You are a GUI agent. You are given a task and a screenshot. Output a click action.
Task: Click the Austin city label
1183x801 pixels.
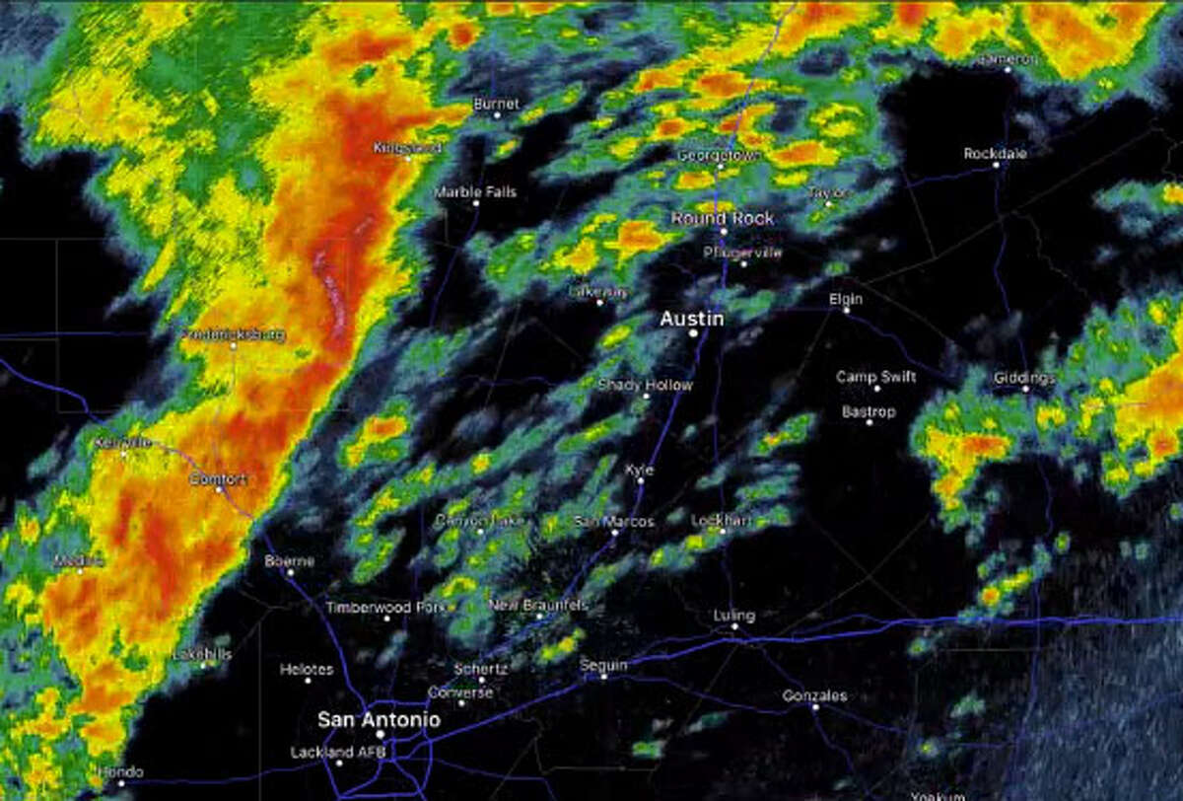pyautogui.click(x=691, y=319)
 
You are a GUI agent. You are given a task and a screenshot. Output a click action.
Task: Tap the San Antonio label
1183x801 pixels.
pyautogui.click(x=379, y=720)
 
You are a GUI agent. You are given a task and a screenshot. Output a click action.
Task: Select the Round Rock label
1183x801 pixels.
pyautogui.click(x=723, y=218)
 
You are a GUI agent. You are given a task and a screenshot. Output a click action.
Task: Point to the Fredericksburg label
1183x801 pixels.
pyautogui.click(x=234, y=334)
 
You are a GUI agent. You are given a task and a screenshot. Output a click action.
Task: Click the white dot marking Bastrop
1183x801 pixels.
pyautogui.click(x=869, y=422)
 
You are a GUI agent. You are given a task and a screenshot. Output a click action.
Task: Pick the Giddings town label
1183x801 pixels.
pyautogui.click(x=1024, y=377)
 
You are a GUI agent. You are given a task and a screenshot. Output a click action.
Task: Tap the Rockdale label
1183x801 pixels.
pyautogui.click(x=995, y=153)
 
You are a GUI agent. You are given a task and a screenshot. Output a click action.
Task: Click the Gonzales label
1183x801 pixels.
pyautogui.click(x=814, y=695)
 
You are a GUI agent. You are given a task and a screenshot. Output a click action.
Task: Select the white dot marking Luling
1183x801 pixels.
pyautogui.click(x=734, y=625)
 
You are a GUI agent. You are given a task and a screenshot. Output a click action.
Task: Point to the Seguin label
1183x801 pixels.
pyautogui.click(x=603, y=665)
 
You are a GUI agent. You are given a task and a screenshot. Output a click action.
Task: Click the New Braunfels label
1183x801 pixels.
pyautogui.click(x=538, y=604)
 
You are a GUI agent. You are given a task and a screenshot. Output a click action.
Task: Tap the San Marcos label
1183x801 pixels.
pyautogui.click(x=613, y=521)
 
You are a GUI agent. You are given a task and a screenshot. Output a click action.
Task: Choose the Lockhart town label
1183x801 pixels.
pyautogui.click(x=722, y=519)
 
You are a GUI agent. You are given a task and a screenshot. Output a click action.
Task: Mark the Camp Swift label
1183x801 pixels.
pyautogui.click(x=875, y=376)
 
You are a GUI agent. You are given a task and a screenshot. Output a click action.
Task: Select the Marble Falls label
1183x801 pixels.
pyautogui.click(x=475, y=191)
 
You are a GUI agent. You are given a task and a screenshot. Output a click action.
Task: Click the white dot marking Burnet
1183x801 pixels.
pyautogui.click(x=496, y=115)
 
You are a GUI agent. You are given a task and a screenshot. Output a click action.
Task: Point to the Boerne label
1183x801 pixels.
pyautogui.click(x=289, y=560)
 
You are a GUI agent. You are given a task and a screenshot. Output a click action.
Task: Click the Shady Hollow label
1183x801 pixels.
pyautogui.click(x=645, y=385)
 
